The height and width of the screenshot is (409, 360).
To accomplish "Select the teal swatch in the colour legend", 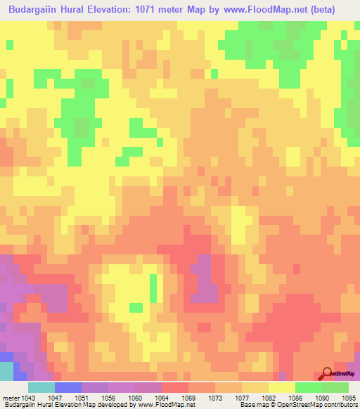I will tap(41, 387).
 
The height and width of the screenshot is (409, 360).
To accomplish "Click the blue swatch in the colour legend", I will tap(67, 387).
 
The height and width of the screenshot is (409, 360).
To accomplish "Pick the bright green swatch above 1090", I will tap(308, 387).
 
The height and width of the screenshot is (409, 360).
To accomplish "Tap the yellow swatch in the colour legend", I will tap(281, 387).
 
